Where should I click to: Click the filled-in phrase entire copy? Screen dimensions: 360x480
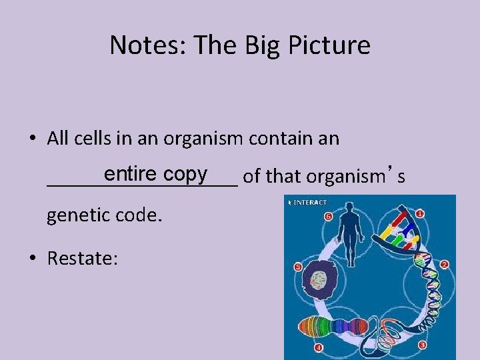(x=155, y=174)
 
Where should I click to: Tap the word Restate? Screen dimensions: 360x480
(x=83, y=258)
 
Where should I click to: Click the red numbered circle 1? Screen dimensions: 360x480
(x=420, y=214)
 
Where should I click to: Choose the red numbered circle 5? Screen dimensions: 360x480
(x=298, y=267)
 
